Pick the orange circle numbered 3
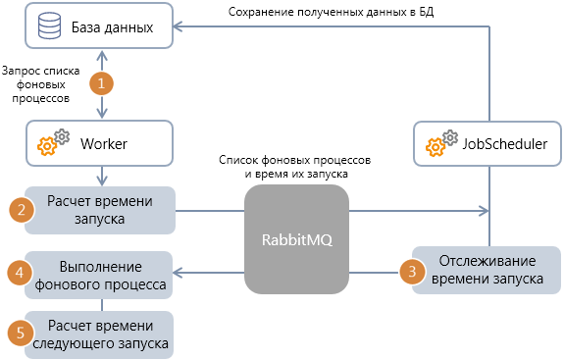[413, 271]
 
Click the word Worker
[104, 145]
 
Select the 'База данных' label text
[113, 27]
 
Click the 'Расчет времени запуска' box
[100, 210]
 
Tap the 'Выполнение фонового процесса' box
[100, 273]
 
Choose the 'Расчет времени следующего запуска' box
[100, 334]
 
